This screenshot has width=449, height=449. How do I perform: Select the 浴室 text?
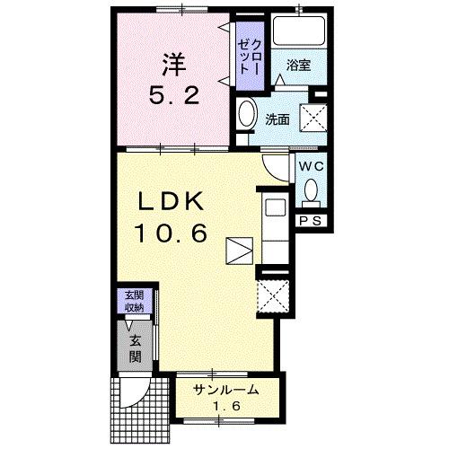pos(299,65)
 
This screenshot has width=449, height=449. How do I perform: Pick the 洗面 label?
pos(277,118)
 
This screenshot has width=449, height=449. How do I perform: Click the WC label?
pos(311,166)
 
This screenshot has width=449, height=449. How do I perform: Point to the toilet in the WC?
pos(311,190)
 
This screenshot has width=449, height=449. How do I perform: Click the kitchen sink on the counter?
pos(275,209)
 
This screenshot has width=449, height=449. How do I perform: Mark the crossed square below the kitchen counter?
pos(269,295)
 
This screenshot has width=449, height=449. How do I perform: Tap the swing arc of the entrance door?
pos(136,388)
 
